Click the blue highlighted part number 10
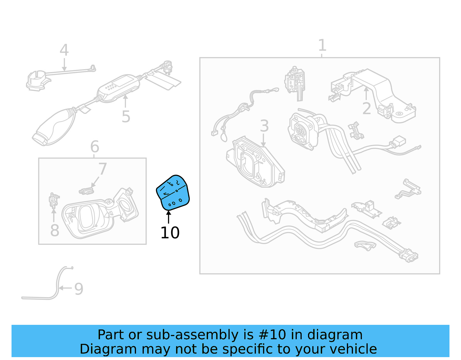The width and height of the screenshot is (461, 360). (x=173, y=193)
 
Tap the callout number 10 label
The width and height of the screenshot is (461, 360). (x=170, y=233)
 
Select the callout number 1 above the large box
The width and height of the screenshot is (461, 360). (x=322, y=46)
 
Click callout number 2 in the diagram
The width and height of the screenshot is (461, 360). (x=366, y=108)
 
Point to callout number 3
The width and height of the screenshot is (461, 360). (x=264, y=126)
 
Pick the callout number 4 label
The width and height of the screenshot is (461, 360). (x=64, y=50)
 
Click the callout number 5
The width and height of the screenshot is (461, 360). (x=126, y=116)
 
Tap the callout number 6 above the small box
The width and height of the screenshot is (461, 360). (x=95, y=147)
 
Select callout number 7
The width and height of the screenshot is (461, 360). (x=102, y=169)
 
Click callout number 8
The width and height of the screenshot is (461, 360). (x=54, y=230)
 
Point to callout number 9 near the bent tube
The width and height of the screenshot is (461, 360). (x=79, y=289)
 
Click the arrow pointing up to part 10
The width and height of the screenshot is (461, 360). (x=169, y=217)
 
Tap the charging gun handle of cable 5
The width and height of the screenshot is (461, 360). (x=55, y=127)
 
